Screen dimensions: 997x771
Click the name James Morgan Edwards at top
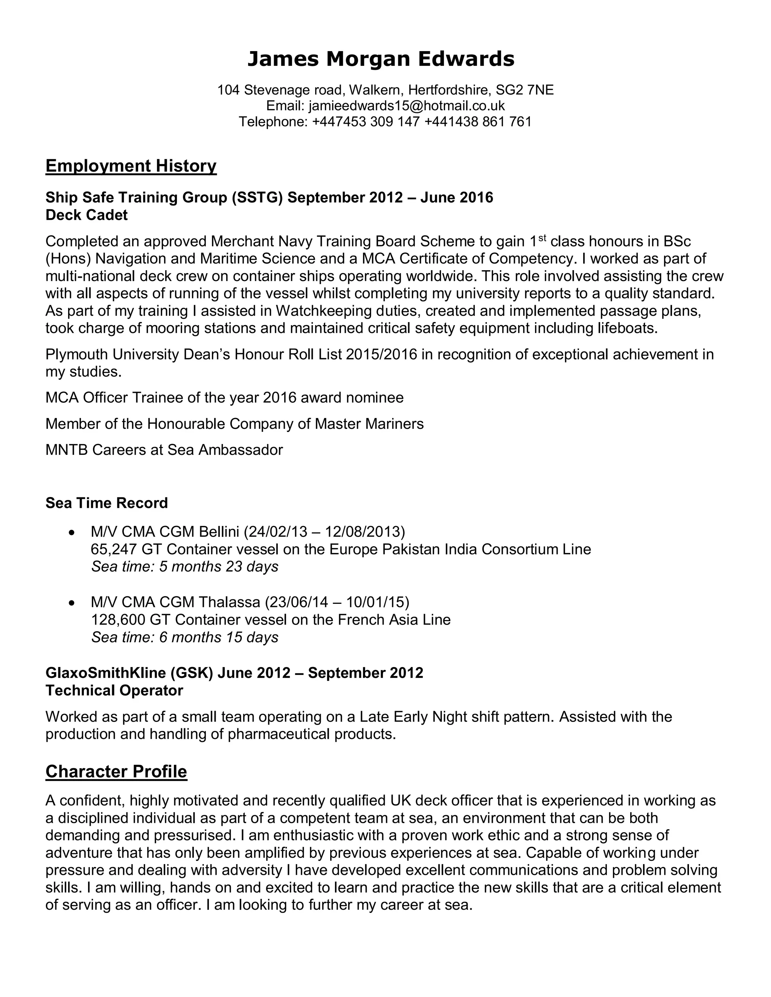(381, 59)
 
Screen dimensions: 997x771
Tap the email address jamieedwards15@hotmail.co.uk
(407, 106)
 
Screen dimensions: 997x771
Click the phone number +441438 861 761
(478, 122)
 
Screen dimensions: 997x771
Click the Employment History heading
(131, 166)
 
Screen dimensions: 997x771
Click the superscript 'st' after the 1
(542, 237)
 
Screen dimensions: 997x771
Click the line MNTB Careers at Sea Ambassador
(164, 450)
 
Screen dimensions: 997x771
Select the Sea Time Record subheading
(107, 503)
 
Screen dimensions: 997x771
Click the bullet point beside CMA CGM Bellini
(71, 533)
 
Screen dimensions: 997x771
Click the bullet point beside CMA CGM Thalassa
(71, 603)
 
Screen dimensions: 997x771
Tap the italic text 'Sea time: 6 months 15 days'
(184, 637)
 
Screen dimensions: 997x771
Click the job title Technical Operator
(114, 691)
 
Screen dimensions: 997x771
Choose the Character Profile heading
(116, 772)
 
